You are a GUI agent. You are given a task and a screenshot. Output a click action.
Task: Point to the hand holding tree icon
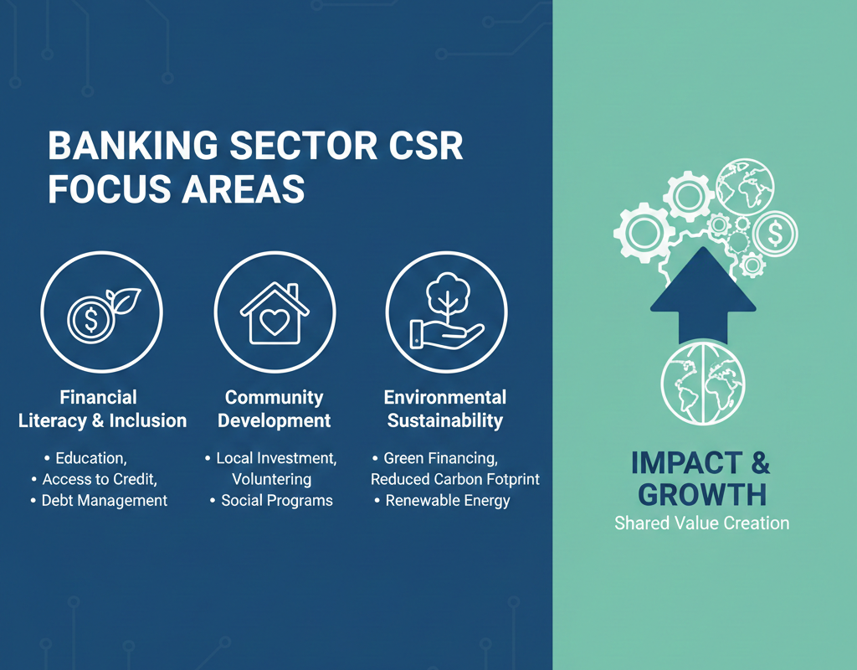pos(445,315)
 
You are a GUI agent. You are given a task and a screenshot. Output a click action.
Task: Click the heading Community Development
pos(275,409)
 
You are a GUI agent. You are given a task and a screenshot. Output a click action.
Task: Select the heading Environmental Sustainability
pos(445,409)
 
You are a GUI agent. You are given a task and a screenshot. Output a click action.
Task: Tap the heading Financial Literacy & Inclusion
pos(102,409)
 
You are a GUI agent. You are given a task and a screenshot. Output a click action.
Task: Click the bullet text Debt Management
pos(105,501)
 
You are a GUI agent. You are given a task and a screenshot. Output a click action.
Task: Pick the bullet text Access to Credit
pos(100,479)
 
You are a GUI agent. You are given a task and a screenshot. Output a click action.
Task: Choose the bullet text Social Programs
pos(276,501)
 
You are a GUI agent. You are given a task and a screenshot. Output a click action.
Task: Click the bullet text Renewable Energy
pos(448,501)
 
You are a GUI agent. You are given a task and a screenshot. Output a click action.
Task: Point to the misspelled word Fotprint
pos(512,479)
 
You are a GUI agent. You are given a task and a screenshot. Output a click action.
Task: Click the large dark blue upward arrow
pos(703,293)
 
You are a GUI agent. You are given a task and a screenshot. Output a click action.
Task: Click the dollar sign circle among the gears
pos(775,233)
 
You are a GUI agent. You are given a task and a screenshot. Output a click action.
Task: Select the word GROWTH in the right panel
pos(701,494)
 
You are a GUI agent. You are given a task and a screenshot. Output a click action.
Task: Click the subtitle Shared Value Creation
pos(701,523)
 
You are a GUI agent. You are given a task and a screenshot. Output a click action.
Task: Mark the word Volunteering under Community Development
pos(272,479)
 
